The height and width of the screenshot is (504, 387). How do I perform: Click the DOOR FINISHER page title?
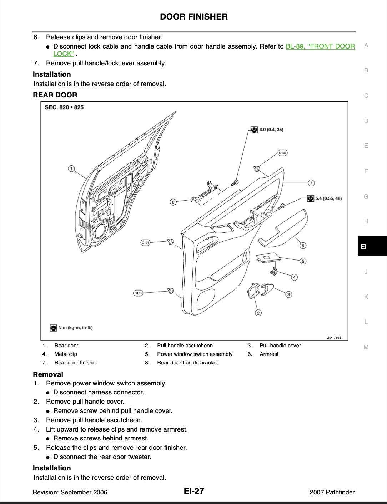tap(193, 17)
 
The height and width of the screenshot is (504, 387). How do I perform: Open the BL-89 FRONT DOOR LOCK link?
tap(320, 46)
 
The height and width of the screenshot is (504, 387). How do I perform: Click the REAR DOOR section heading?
tap(55, 95)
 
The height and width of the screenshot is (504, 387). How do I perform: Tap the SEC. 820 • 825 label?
tap(64, 107)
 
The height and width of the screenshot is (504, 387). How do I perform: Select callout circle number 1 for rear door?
tap(71, 168)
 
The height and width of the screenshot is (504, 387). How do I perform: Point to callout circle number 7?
tap(311, 183)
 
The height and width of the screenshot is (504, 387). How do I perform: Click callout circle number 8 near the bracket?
tap(173, 202)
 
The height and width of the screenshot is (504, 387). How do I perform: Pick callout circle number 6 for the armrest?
tap(303, 246)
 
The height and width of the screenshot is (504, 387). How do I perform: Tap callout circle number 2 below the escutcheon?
tap(258, 313)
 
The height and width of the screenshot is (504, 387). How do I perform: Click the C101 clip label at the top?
tap(282, 153)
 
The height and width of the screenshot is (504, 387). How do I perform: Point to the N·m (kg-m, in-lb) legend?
tap(71, 328)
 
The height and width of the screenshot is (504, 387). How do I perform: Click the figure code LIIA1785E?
tap(333, 338)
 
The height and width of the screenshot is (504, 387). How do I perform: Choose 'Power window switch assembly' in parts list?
tap(195, 354)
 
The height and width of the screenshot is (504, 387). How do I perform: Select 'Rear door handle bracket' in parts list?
tap(187, 363)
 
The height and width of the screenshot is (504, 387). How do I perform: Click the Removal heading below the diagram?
tap(48, 374)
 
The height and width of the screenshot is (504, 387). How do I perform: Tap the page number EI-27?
tap(194, 491)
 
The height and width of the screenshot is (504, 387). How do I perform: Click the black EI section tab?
tap(372, 246)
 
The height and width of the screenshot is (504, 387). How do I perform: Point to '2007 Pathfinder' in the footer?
tap(332, 492)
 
